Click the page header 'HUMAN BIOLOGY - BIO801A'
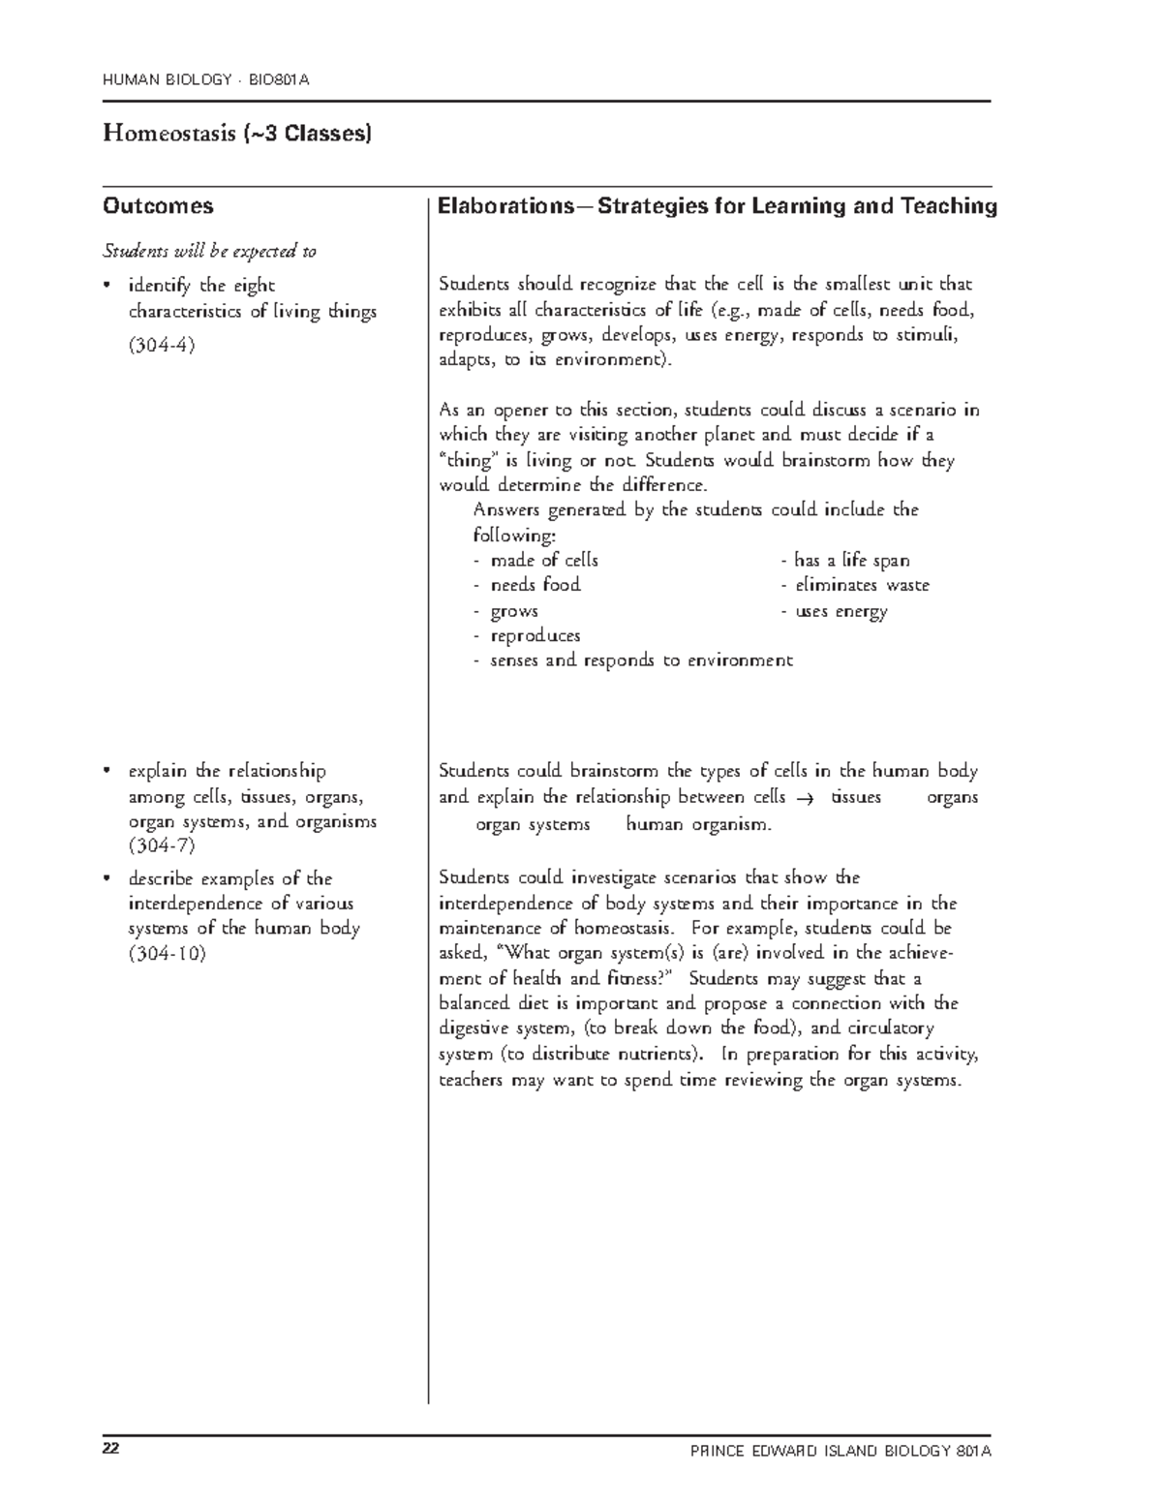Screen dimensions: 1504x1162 point(206,79)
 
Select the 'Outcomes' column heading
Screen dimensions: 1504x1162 point(158,206)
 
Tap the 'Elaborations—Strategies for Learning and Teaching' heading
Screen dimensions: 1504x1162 point(717,206)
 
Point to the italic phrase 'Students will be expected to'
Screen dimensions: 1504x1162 point(209,252)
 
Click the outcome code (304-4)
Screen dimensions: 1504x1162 point(162,345)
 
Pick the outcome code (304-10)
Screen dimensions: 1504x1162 point(167,953)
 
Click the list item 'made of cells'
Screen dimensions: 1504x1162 point(543,561)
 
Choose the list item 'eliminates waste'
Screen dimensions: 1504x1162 point(861,585)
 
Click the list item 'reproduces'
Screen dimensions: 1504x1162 point(535,636)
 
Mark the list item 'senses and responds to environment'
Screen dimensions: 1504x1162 point(641,660)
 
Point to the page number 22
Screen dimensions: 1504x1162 point(111,1449)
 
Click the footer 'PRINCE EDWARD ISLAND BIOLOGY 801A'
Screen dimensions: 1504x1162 point(841,1451)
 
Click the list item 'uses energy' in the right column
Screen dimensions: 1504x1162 point(841,611)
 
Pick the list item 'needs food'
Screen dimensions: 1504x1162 point(535,585)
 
